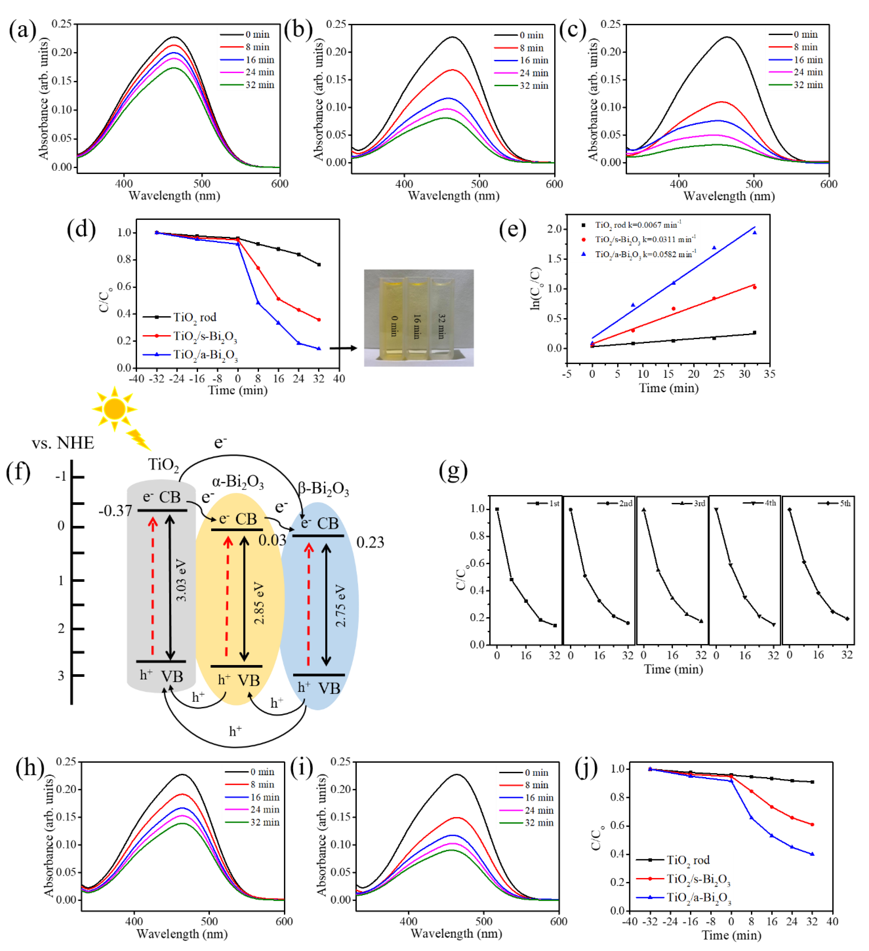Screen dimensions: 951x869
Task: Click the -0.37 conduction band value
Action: [x=115, y=510]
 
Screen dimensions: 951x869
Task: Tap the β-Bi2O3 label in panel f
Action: [x=324, y=489]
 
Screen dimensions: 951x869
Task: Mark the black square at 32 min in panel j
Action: [x=812, y=782]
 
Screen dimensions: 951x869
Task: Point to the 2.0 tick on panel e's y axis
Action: [x=555, y=229]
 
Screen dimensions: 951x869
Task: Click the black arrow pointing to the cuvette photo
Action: [x=343, y=348]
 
